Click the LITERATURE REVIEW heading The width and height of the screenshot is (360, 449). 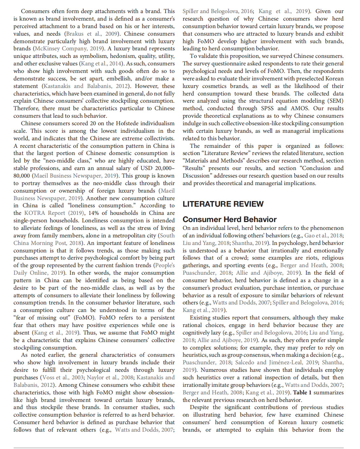click(223, 204)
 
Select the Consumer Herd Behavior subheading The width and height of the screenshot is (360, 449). click(229, 219)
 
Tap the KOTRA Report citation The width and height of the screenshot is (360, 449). click(45, 213)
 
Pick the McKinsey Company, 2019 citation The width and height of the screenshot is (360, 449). click(69, 48)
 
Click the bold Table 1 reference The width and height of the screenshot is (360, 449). click(302, 392)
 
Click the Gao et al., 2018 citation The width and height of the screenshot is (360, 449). click(323, 235)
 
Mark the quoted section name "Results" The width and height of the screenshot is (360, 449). click(194, 168)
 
